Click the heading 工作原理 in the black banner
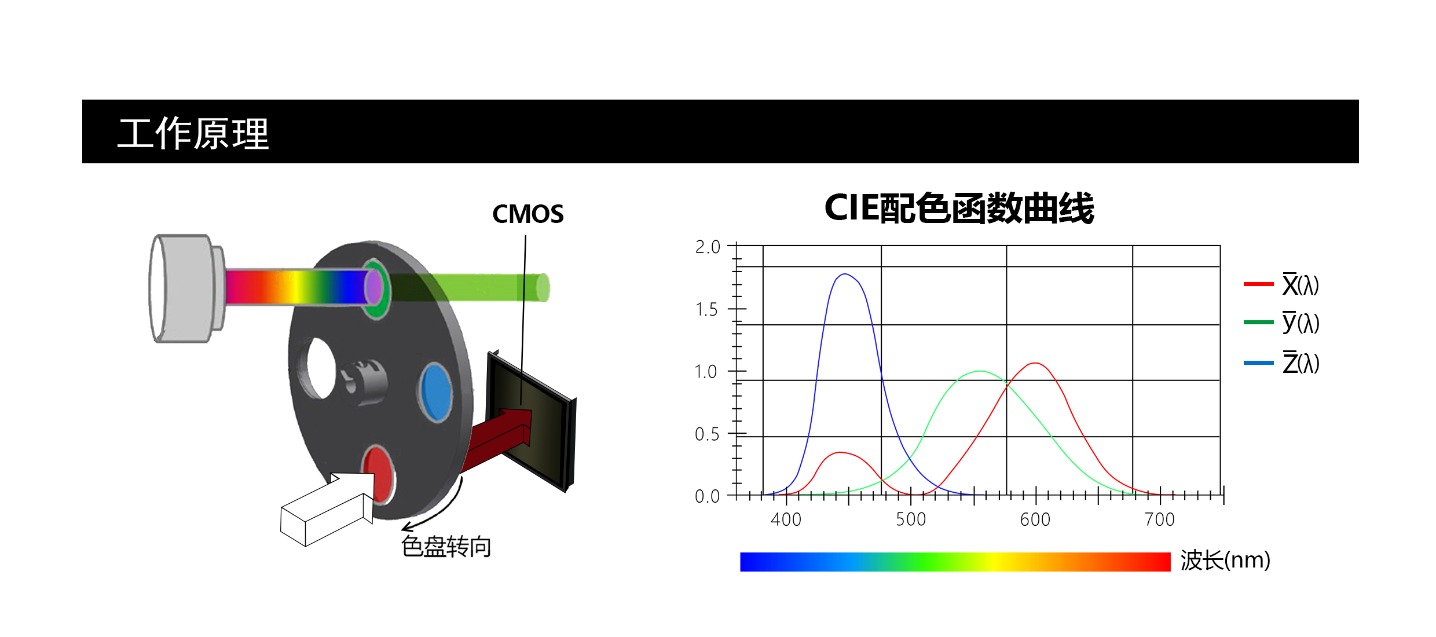[x=193, y=133]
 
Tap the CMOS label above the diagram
[x=527, y=214]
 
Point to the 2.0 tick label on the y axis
[x=708, y=247]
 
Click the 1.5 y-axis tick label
[x=706, y=309]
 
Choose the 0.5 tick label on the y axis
[x=706, y=434]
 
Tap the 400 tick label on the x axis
[x=786, y=519]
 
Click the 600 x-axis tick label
[x=1035, y=519]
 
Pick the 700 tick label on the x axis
[x=1160, y=519]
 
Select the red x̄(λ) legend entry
[x=1281, y=284]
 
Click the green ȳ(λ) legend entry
[x=1281, y=323]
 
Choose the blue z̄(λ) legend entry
[x=1281, y=363]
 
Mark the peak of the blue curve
[x=845, y=274]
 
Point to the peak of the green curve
[x=980, y=371]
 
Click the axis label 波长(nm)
[x=1225, y=560]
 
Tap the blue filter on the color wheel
[x=436, y=391]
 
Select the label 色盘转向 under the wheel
[x=446, y=547]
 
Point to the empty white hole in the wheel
[x=320, y=368]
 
